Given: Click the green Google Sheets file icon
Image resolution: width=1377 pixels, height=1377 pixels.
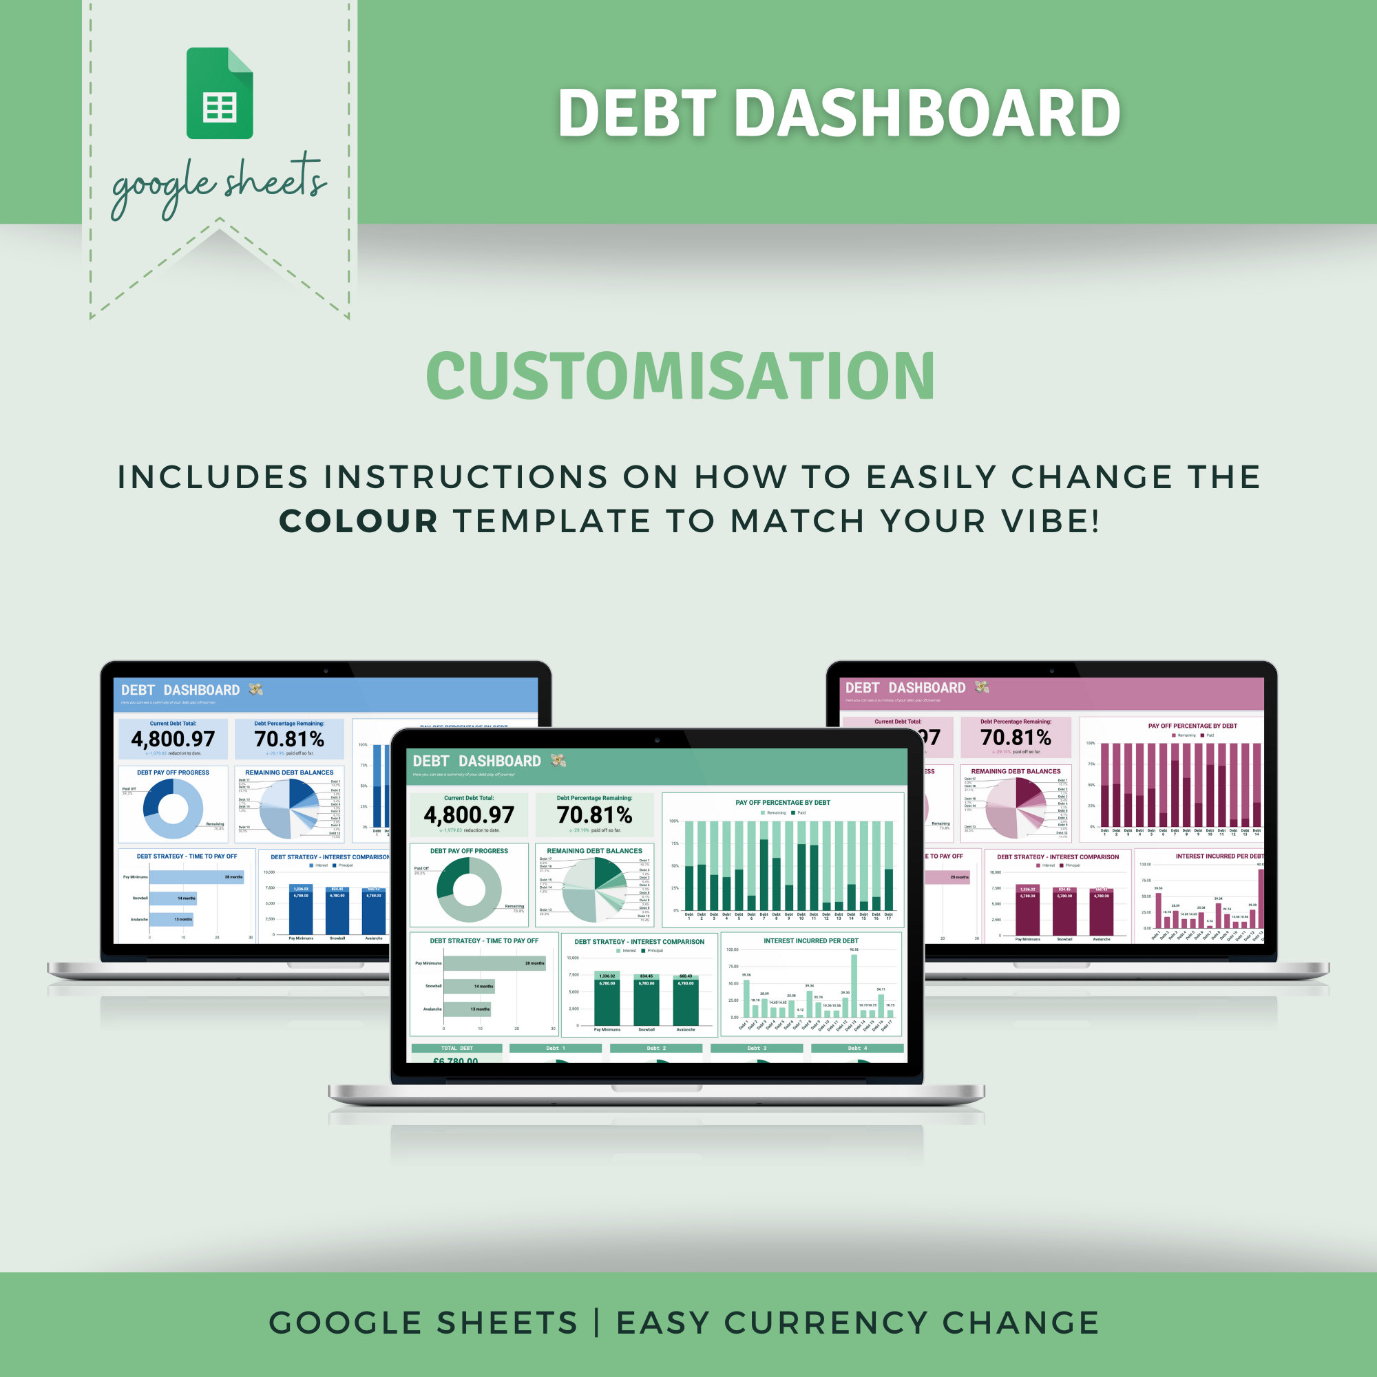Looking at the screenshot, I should (220, 94).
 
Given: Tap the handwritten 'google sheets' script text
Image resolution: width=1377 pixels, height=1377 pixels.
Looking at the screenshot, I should (219, 183).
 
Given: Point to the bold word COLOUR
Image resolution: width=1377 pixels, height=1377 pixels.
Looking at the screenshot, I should (358, 521).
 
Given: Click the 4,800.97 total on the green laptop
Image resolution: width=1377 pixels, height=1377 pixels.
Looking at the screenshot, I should (468, 814).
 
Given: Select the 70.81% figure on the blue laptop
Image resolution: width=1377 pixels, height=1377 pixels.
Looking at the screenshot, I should (288, 739).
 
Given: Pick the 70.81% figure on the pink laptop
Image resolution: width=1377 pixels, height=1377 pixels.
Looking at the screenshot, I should (1016, 737).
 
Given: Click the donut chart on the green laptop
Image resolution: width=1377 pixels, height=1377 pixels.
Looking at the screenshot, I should (469, 889).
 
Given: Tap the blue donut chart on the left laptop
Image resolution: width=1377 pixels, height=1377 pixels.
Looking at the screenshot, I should (174, 808).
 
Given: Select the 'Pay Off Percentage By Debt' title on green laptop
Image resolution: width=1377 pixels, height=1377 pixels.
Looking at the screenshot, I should (783, 803).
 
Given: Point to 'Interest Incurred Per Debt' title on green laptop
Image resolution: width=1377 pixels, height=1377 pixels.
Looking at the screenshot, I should (810, 940).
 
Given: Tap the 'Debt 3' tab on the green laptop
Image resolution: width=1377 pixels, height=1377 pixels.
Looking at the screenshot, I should (757, 1049).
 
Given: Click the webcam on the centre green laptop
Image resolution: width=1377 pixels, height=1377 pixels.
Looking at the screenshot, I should (657, 740).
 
